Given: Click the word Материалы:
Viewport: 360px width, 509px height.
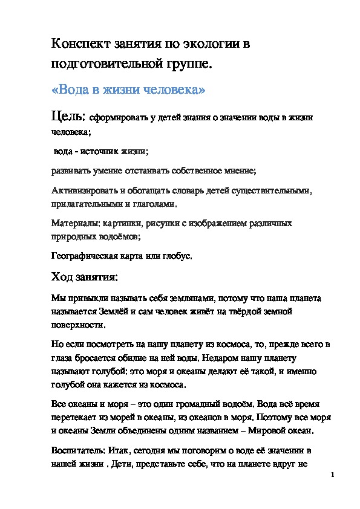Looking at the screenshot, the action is pyautogui.click(x=73, y=224).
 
